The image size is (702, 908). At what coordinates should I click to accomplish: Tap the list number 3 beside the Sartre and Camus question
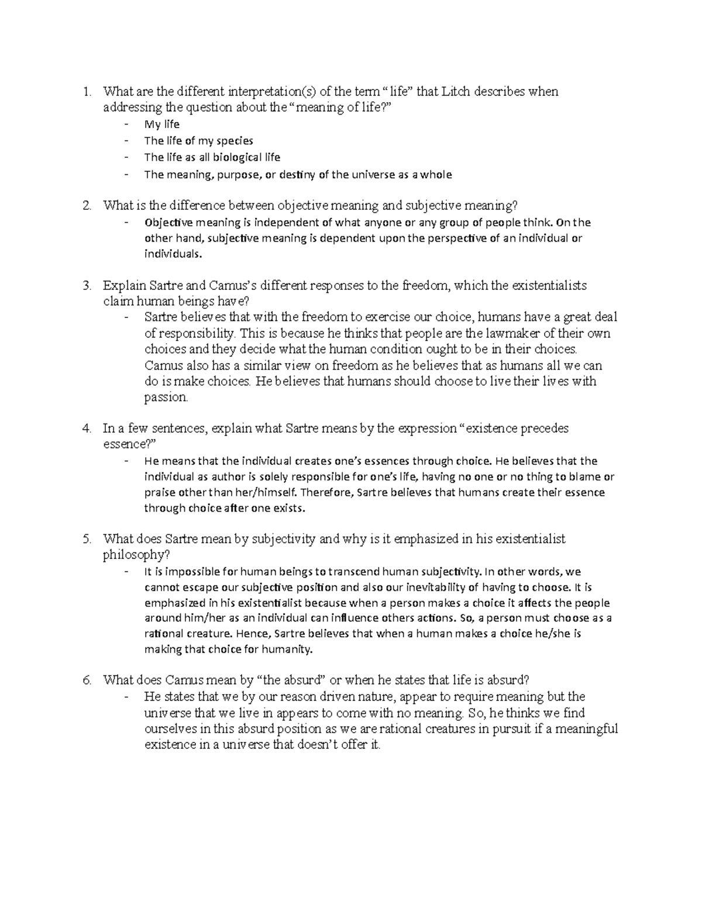(87, 286)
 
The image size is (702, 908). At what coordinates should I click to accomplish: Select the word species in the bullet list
(235, 141)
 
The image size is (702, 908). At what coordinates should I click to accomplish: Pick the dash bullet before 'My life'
(128, 125)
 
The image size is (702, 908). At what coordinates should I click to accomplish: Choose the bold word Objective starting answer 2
(168, 222)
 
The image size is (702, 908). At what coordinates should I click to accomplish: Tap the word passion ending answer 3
(166, 398)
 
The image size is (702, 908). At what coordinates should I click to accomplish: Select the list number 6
(87, 680)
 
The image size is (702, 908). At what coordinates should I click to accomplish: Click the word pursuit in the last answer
(511, 729)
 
